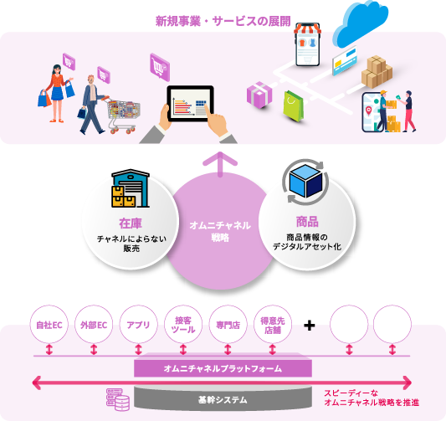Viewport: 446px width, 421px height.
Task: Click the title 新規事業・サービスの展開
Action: (x=223, y=21)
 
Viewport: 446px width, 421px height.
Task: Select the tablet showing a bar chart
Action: (x=190, y=104)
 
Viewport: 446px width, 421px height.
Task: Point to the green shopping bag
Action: (x=293, y=106)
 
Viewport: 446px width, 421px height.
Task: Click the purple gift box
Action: (x=259, y=95)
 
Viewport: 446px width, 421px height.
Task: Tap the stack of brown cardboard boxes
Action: (x=377, y=72)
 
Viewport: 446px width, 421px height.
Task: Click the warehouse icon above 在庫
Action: (x=131, y=188)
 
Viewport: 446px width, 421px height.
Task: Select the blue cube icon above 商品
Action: (x=305, y=182)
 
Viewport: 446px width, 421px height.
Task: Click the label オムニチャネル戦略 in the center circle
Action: (x=220, y=231)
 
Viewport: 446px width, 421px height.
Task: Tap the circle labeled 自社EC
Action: (x=49, y=325)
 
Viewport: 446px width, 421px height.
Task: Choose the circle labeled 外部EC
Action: (x=94, y=325)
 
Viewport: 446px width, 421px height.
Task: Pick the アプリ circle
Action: (x=138, y=325)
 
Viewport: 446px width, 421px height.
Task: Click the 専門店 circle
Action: (x=228, y=325)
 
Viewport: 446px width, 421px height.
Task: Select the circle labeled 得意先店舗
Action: (x=273, y=325)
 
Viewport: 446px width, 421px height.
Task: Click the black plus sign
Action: (x=309, y=326)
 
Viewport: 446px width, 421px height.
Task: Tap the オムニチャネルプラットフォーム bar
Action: (x=223, y=368)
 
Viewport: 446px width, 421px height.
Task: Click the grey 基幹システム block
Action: (x=223, y=398)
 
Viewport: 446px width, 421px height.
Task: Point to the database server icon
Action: (x=118, y=400)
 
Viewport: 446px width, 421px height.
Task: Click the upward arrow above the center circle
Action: (x=220, y=164)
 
